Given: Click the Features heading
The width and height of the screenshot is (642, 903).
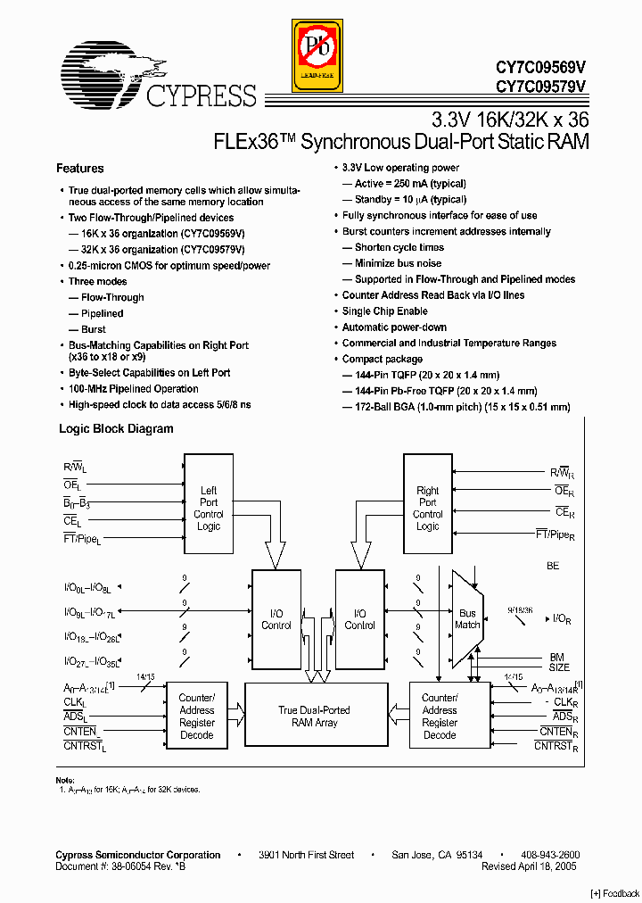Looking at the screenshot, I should click(80, 169).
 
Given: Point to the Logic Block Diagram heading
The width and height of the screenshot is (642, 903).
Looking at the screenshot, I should click(116, 429).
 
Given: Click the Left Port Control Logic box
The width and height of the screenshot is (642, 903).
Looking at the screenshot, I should click(208, 508).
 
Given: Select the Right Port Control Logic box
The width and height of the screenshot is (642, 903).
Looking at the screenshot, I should click(427, 508).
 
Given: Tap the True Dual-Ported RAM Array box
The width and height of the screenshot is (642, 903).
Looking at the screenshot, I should click(314, 716).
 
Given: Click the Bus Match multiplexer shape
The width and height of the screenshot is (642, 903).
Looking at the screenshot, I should click(466, 618).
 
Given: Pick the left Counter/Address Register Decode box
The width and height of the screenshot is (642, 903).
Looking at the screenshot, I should click(196, 716).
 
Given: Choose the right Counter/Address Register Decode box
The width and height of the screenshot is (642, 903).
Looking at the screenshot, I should click(439, 716).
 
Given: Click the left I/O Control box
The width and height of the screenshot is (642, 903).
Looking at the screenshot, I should click(276, 618).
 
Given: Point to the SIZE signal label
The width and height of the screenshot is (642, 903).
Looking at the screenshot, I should click(559, 667).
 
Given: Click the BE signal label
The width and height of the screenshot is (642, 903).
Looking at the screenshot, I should click(553, 567).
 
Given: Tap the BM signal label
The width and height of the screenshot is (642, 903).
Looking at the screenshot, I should click(557, 658).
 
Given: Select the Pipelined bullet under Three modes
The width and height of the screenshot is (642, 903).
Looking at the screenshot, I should click(103, 314).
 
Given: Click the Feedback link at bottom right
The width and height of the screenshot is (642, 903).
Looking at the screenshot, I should click(615, 893).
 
